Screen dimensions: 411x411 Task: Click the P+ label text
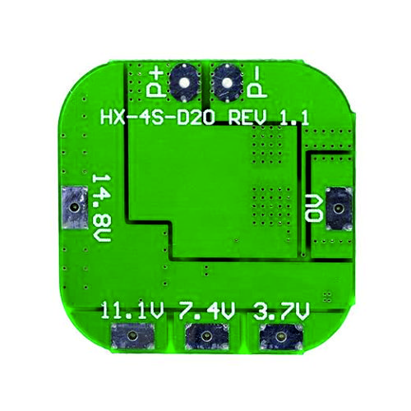(155, 83)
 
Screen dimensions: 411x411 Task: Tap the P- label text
(256, 83)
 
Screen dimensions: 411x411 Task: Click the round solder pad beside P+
(184, 83)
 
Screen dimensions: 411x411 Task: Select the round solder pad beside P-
(227, 83)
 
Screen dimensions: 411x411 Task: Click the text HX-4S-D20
(158, 117)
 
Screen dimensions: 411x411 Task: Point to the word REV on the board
(247, 117)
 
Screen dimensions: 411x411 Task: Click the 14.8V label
(101, 208)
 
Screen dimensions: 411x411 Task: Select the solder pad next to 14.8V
(75, 207)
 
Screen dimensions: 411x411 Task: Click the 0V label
(313, 208)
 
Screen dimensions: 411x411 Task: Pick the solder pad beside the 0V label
(339, 209)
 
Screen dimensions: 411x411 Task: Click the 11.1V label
(132, 311)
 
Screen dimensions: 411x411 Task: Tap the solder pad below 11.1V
(132, 335)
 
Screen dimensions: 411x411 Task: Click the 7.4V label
(207, 311)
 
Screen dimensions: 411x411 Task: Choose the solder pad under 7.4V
(206, 336)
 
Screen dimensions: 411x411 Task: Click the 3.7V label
(281, 311)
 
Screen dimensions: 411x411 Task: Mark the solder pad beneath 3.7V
(281, 336)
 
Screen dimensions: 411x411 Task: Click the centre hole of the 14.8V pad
(74, 207)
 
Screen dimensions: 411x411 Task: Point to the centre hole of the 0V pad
(339, 209)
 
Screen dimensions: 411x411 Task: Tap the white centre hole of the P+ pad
(184, 82)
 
